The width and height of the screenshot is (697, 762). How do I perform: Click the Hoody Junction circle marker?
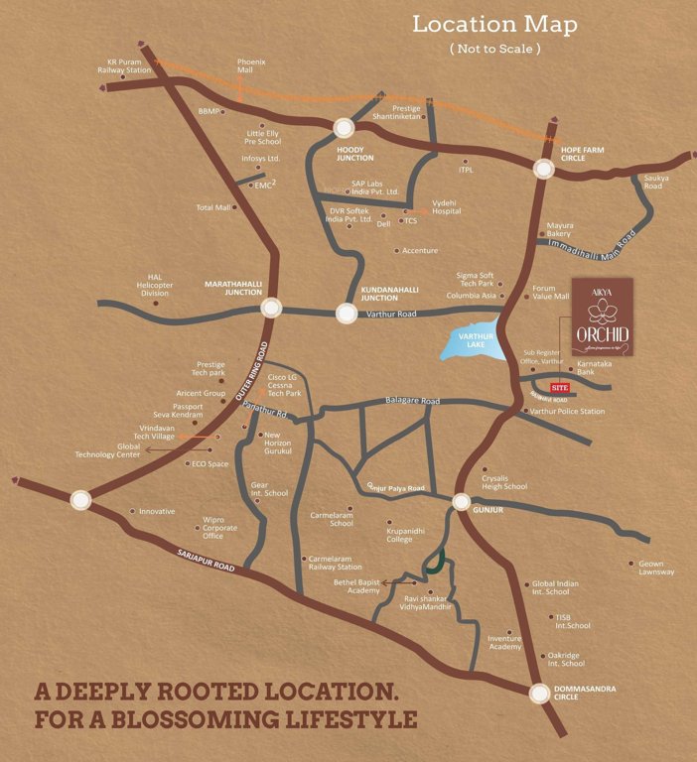pos(345,128)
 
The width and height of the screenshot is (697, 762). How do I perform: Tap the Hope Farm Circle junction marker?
pos(543,169)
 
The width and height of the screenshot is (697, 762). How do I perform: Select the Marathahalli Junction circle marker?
pos(271,309)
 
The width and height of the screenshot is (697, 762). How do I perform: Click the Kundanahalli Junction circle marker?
pos(346,314)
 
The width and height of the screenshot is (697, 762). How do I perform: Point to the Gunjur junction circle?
pos(461,502)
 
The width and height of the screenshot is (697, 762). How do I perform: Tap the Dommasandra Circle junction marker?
pos(539,694)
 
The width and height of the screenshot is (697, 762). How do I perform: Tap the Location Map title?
pos(494,23)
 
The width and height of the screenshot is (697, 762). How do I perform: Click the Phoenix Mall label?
pos(251,66)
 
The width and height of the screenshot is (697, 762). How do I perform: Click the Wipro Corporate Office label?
pos(219,527)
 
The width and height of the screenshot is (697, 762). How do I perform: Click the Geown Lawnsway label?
pos(656,569)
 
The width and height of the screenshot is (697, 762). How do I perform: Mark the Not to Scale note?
pos(495,48)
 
